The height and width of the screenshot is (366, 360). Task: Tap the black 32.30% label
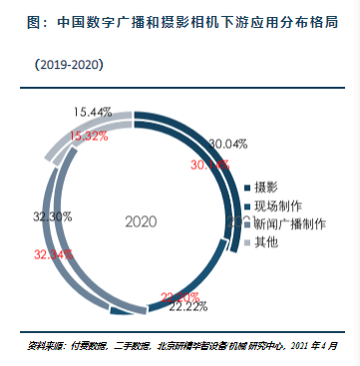[52, 215]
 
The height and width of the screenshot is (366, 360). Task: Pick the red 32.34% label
[53, 255]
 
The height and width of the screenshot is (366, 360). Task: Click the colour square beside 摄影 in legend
[248, 187]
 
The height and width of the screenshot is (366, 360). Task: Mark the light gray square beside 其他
[248, 241]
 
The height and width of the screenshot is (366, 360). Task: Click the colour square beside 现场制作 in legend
[248, 205]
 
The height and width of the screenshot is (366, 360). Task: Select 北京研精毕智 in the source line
[174, 345]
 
